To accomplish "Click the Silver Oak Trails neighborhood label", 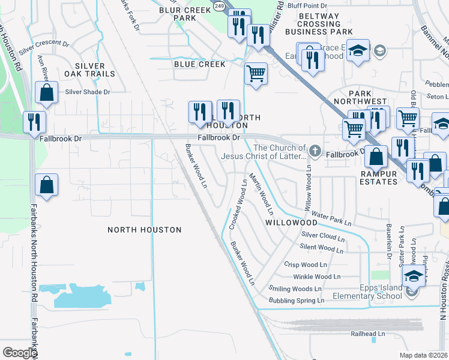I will (x=94, y=70).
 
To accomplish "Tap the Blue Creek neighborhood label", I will (x=199, y=64).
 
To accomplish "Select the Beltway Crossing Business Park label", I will (x=319, y=23).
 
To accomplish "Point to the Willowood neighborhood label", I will (x=291, y=222).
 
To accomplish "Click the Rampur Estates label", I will (x=379, y=178).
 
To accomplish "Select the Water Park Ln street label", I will (x=331, y=218).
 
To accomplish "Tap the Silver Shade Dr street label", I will (x=88, y=92).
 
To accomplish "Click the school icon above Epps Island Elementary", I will (x=412, y=275).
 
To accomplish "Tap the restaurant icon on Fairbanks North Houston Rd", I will (x=34, y=122).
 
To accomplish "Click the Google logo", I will (x=19, y=353).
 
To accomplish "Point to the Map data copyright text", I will (x=424, y=355).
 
